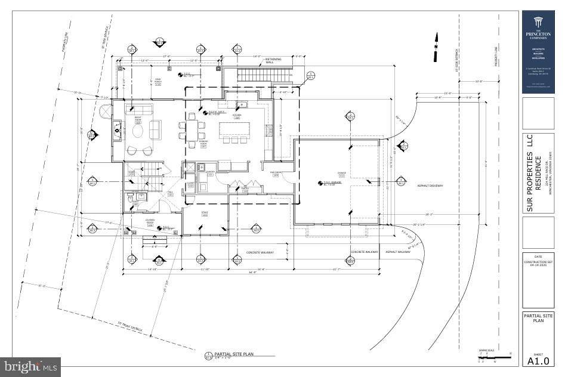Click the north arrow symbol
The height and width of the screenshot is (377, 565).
436,42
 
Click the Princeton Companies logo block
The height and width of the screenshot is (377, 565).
538,52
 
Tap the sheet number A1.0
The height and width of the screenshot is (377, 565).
538,360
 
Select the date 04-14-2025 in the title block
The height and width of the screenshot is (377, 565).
538,266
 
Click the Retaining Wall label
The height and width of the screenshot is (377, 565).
274,61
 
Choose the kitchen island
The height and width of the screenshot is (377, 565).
234,129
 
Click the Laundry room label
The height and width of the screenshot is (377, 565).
210,172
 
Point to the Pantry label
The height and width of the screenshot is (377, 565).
245,189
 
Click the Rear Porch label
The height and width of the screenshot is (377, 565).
158,82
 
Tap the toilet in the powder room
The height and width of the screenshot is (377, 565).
129,196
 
